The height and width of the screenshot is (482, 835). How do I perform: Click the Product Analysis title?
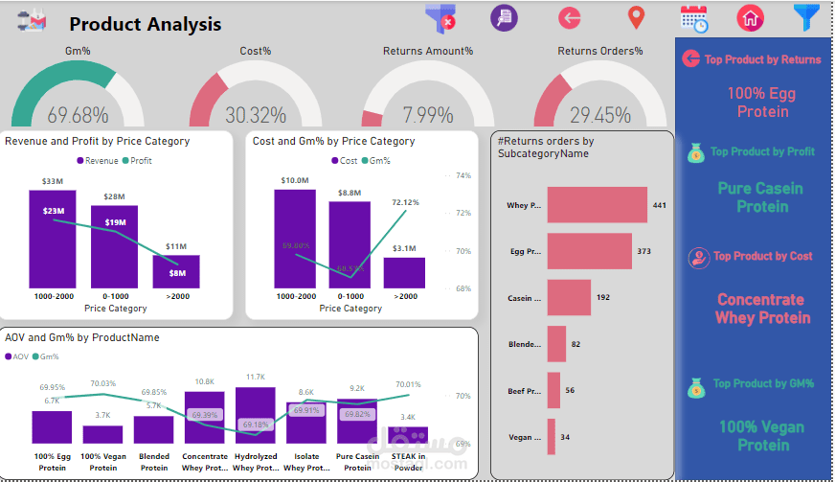[x=146, y=24]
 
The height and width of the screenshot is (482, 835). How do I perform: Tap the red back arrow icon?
[x=570, y=17]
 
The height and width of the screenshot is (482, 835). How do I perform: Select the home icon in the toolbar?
[x=750, y=17]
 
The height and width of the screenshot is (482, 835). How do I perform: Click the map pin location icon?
[x=635, y=17]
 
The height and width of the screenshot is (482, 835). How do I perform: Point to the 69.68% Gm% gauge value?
[x=78, y=115]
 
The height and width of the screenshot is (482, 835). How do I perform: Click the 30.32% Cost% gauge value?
[x=256, y=115]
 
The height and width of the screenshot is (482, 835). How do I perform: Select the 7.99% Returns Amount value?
[x=428, y=115]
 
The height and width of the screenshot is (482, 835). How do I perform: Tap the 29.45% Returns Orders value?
[x=599, y=115]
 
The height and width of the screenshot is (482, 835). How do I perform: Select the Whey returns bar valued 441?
[x=596, y=205]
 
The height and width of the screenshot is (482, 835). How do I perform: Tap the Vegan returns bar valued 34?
[x=551, y=436]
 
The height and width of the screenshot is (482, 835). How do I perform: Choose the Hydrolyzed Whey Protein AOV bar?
[x=256, y=414]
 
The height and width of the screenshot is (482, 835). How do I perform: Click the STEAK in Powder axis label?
[x=408, y=462]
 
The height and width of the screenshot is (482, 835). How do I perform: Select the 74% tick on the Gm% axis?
[x=463, y=175]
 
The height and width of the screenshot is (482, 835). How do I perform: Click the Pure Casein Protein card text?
[x=760, y=197]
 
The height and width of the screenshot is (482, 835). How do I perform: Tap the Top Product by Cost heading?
[x=762, y=256]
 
